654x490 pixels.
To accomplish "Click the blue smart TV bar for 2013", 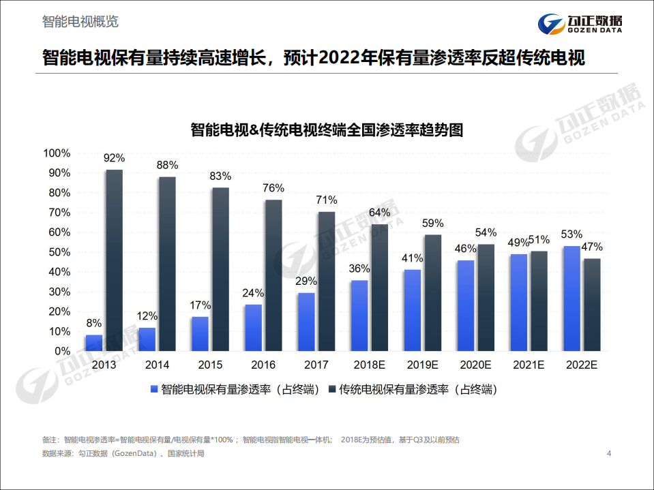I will pos(94,343).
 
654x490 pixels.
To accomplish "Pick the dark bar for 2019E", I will pos(432,293).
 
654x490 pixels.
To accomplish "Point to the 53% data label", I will pos(571,234).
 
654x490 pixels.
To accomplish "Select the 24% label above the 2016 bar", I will pos(253,293).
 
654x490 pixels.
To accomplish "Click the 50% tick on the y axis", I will pos(57,252).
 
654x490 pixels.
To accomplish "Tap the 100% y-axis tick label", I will pos(56,153).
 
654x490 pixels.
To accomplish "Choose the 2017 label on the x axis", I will pos(316,365).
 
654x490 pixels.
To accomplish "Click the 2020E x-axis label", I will pos(476,365).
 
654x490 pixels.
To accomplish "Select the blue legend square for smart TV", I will pos(154,389).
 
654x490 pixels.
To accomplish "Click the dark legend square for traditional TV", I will pos(332,389).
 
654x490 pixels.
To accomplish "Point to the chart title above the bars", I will pos(327,130).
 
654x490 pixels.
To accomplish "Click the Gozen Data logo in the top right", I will pos(580,25).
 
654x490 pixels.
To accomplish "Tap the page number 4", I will pos(609,453).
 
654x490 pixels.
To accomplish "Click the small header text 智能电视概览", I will pos(80,22).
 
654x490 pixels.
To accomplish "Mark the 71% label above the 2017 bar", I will pos(327,200).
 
